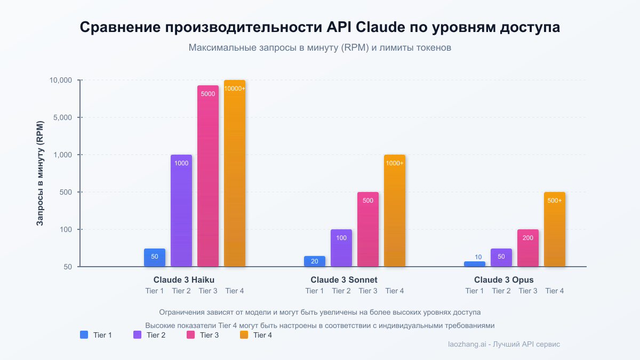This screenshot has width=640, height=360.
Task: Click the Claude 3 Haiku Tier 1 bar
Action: [155, 258]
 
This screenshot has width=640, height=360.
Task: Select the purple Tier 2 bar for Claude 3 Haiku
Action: [181, 211]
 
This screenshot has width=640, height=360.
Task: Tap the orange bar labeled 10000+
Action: [235, 173]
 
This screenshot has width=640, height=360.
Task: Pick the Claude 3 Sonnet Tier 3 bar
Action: [368, 229]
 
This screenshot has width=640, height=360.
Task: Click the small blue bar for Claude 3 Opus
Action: [475, 264]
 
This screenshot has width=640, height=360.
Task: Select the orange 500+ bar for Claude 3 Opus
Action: [555, 229]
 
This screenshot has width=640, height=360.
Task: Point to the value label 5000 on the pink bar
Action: [208, 94]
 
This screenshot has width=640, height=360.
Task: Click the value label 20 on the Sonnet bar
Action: [315, 261]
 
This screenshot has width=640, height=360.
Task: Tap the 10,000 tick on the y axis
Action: [60, 80]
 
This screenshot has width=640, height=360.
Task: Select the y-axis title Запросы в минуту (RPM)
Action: [40, 173]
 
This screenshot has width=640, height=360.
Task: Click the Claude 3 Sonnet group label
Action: [344, 279]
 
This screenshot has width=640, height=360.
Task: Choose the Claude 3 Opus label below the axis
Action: [504, 279]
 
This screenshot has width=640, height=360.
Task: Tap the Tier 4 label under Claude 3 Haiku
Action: [235, 291]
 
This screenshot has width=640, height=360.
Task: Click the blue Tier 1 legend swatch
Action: [84, 335]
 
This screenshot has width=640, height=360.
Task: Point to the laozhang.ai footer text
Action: [504, 345]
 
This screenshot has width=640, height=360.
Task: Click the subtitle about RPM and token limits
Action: [320, 47]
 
